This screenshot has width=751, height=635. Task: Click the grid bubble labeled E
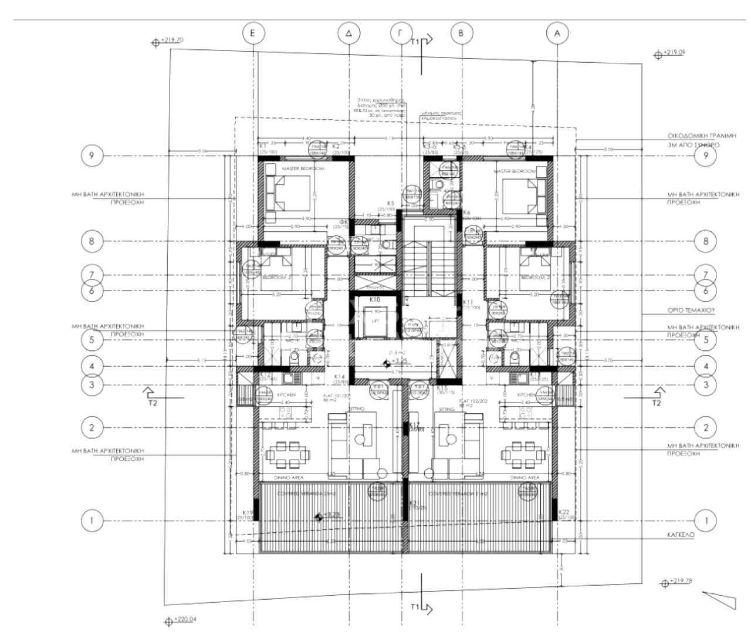coord(252,33)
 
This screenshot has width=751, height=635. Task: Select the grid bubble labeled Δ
coord(349,33)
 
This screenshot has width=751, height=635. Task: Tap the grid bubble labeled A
coord(557,33)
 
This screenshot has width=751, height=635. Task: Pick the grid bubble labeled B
coord(461,33)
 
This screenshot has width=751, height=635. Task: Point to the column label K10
coord(375,299)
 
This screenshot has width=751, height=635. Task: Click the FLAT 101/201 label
coord(337,396)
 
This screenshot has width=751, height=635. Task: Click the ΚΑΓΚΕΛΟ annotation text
coord(681,535)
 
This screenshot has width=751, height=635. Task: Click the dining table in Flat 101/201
coord(286,453)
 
